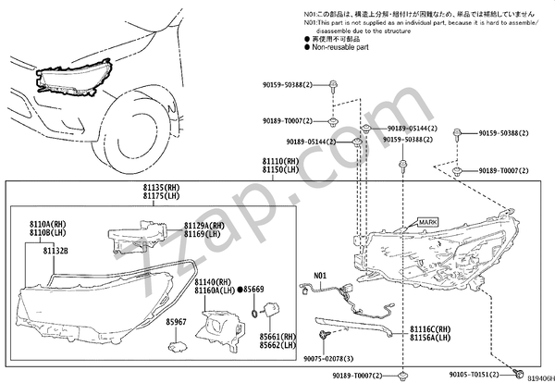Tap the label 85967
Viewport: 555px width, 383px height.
[177, 322]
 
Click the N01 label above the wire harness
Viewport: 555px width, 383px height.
[319, 276]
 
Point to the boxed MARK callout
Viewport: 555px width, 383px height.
[426, 222]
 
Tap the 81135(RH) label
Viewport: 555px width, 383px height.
[161, 188]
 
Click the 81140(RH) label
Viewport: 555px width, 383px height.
[211, 281]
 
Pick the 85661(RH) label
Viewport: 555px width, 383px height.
[276, 337]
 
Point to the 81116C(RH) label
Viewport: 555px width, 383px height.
[430, 329]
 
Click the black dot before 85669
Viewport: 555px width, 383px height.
[240, 290]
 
